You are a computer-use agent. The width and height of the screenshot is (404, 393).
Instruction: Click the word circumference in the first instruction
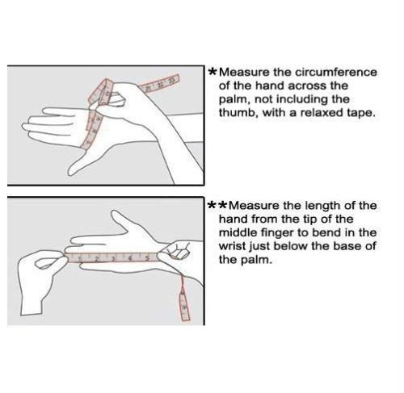(336, 73)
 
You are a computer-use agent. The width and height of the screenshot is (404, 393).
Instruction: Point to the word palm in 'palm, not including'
(233, 100)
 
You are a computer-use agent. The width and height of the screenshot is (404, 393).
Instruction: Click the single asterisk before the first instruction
(213, 72)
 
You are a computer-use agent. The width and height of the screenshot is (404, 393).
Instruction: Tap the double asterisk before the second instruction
(217, 205)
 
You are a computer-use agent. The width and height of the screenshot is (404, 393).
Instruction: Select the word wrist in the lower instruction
(232, 246)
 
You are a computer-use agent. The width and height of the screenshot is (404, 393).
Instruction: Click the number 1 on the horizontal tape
(80, 259)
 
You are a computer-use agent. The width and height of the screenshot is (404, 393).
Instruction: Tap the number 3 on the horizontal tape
(113, 259)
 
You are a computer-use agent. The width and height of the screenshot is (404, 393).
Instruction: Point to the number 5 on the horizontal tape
(147, 258)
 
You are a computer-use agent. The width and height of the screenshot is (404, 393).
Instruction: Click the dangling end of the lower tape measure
(184, 307)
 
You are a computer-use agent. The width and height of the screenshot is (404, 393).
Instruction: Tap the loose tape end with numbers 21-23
(160, 83)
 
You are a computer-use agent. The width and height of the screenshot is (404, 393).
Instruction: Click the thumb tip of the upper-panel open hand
(70, 172)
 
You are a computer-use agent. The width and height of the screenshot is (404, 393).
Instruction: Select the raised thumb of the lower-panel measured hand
(120, 219)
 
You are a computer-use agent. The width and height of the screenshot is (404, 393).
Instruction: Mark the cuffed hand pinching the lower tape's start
(40, 280)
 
